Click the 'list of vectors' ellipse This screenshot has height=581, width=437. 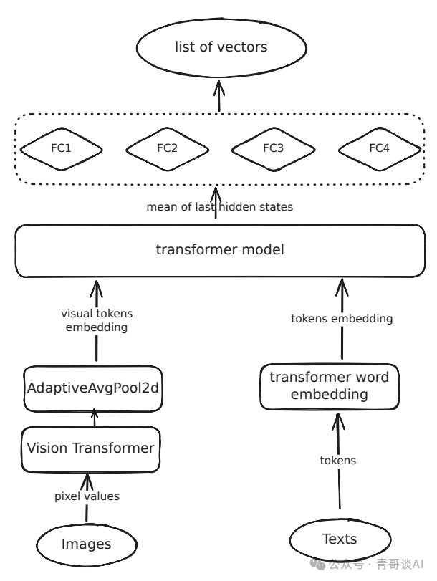point(221,48)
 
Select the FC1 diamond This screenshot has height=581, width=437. point(61,149)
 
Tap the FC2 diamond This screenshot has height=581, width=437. point(167,149)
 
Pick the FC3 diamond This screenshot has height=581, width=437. point(273,149)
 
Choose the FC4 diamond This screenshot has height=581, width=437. point(379,149)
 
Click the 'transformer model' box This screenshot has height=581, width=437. point(220,251)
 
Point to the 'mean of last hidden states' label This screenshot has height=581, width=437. point(219,207)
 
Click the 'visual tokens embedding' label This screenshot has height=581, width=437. point(96,320)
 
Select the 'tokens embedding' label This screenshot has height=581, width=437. point(342,319)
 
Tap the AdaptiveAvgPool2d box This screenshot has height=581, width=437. point(92,389)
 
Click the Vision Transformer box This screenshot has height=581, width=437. point(90,449)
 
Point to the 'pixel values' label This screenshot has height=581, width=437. point(87,496)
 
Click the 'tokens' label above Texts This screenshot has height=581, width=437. point(337,461)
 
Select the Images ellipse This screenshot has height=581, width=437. point(86,544)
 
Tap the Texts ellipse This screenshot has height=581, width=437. point(339,538)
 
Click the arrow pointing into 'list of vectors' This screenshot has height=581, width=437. point(219,95)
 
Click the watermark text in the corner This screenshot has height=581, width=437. point(375,564)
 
